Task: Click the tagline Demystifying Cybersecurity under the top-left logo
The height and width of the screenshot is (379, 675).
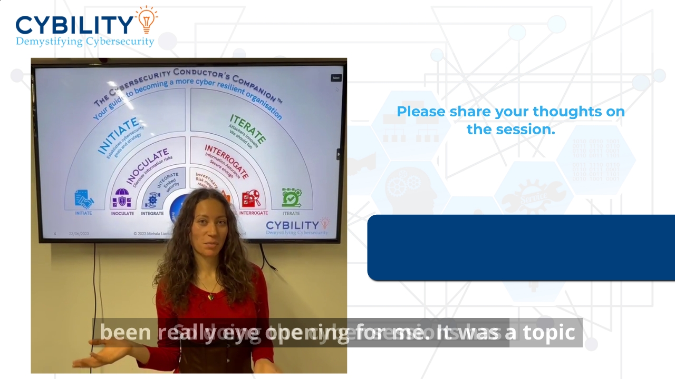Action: click(85, 42)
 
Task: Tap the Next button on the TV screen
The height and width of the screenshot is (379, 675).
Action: click(336, 78)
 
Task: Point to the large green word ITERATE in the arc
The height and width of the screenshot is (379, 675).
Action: click(247, 128)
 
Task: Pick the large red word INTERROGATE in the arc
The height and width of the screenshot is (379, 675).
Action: click(227, 161)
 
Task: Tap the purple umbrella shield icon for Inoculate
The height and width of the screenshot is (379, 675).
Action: click(122, 199)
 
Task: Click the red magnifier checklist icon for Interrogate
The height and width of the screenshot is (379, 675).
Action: click(252, 199)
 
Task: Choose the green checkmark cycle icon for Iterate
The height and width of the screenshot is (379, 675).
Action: click(291, 198)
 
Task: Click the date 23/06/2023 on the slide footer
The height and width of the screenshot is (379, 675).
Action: click(79, 234)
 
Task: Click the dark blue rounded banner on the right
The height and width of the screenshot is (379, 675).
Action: click(521, 247)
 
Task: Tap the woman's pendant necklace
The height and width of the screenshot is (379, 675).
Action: click(211, 297)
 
